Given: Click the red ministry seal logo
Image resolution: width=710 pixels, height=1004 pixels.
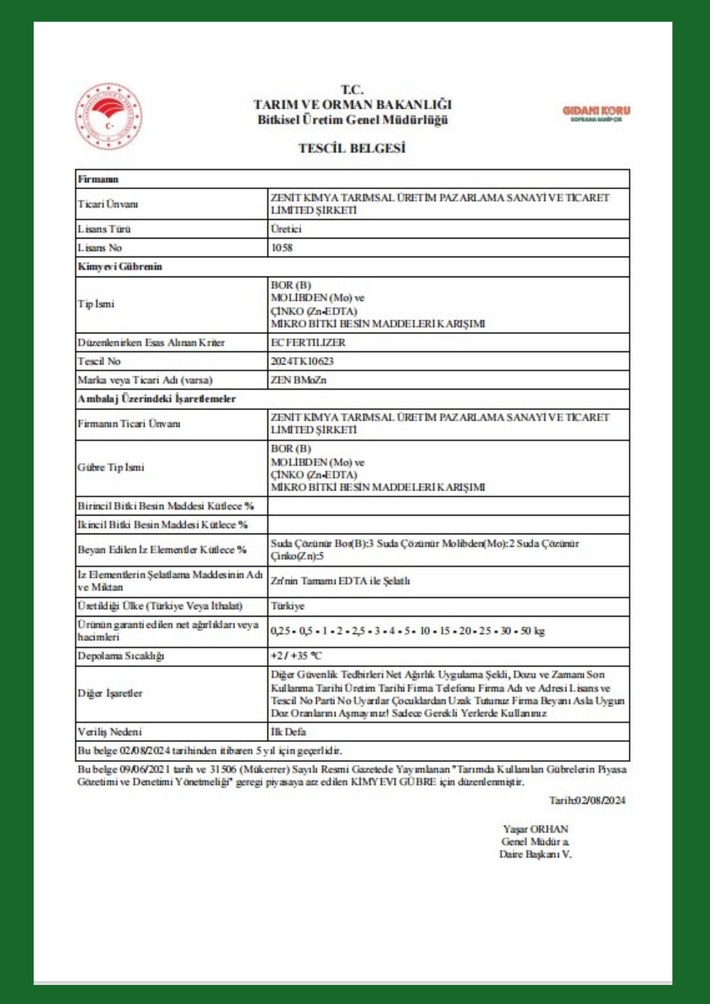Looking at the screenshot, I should click(108, 116).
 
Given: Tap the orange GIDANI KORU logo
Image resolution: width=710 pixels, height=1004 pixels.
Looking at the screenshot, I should click(596, 113).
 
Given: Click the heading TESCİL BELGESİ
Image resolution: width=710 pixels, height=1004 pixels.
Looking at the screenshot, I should click(352, 148).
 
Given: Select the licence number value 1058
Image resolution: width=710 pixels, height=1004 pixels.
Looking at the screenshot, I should click(282, 247).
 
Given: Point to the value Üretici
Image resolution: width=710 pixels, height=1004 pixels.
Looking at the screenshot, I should click(286, 229).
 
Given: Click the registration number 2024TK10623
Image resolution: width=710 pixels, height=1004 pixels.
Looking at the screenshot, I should click(302, 361).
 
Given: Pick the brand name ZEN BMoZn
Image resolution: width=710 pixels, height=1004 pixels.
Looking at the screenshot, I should click(298, 380).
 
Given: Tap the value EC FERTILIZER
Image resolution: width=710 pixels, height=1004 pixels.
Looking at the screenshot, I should click(308, 342).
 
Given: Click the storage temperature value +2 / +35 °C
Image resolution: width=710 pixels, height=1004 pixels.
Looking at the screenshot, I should click(296, 656).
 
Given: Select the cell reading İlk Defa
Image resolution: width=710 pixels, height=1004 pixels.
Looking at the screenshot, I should click(288, 731).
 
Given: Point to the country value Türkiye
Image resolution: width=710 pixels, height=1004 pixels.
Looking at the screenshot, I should click(288, 606).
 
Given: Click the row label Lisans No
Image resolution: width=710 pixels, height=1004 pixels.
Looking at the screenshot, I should click(99, 247).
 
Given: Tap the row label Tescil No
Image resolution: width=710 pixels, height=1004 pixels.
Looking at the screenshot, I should click(99, 361).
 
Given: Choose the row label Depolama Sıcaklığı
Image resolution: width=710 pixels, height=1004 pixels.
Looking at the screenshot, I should click(121, 656).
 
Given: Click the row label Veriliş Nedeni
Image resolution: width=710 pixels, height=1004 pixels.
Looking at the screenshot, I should click(109, 731).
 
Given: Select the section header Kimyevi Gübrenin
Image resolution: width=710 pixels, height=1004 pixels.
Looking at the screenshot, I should click(120, 267).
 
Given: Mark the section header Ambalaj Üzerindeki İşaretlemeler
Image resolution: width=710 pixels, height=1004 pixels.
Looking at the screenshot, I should click(156, 399).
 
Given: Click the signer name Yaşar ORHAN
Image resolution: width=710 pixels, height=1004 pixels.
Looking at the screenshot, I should click(535, 829).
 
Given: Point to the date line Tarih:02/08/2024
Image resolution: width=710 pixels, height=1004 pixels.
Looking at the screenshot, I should click(587, 800).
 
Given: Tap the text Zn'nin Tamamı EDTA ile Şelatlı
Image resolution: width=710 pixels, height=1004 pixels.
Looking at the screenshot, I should click(340, 581).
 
